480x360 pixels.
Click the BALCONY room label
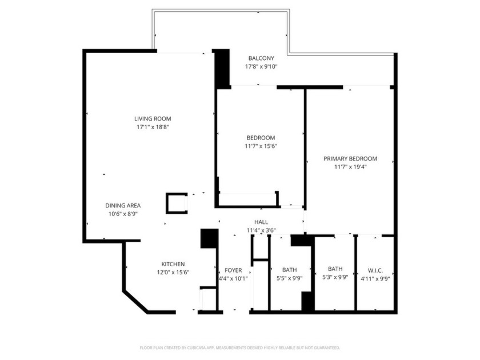(x=261, y=58)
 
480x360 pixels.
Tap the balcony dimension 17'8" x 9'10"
(x=261, y=67)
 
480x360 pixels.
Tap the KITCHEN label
(x=173, y=264)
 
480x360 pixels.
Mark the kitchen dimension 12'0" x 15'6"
(x=173, y=272)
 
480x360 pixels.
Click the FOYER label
(x=233, y=270)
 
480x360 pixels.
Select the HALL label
(x=261, y=222)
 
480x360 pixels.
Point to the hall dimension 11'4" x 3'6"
(x=261, y=230)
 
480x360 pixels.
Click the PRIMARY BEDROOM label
(x=350, y=159)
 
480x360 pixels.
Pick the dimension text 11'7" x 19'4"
(x=350, y=167)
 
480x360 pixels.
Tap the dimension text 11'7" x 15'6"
(x=261, y=146)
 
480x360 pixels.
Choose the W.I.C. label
(x=375, y=270)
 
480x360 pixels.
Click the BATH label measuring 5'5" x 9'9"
(x=289, y=270)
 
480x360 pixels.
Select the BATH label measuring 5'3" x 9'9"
(x=335, y=269)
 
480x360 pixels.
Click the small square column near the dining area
(x=177, y=203)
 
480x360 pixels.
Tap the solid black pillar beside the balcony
(x=222, y=69)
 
